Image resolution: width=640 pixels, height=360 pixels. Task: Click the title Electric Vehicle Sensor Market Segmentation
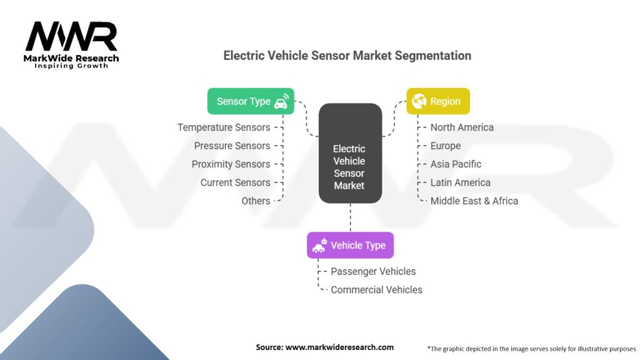tap(347, 56)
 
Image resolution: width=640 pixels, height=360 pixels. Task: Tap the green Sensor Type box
tap(251, 101)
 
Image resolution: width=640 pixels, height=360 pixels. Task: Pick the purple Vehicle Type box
tap(350, 245)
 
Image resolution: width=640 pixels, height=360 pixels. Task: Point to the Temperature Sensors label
tap(224, 127)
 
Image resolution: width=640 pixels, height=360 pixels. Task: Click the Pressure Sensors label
tap(232, 146)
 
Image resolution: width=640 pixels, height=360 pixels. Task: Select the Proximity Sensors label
tap(231, 164)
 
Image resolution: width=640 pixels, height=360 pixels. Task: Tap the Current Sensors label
tap(235, 182)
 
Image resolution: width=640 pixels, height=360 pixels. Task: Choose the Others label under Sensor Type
tap(256, 201)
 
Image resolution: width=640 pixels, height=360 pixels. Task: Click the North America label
tap(462, 127)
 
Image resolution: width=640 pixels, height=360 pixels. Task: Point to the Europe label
tap(445, 146)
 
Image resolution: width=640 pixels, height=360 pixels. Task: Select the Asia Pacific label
tap(456, 164)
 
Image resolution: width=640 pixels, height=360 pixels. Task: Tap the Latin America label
tap(460, 182)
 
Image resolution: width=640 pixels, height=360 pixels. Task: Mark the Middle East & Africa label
tap(474, 201)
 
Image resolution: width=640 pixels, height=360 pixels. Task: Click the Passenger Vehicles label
tap(373, 271)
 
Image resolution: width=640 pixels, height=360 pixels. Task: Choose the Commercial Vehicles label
tap(376, 290)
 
